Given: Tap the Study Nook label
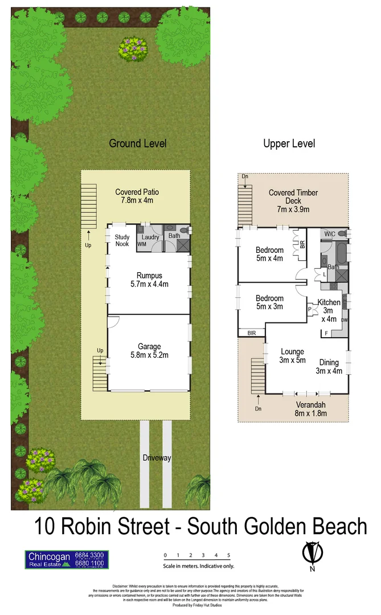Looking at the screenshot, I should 122,240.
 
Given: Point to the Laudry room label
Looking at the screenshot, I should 150,237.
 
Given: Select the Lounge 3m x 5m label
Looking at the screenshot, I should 292,355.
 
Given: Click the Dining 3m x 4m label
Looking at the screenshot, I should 329,367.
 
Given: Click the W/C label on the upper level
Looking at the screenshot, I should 329,233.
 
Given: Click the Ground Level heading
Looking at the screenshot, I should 137,143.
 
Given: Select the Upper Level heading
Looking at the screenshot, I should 289,143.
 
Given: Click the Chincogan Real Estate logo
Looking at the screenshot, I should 66,559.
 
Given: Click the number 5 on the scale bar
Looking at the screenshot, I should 228,555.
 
